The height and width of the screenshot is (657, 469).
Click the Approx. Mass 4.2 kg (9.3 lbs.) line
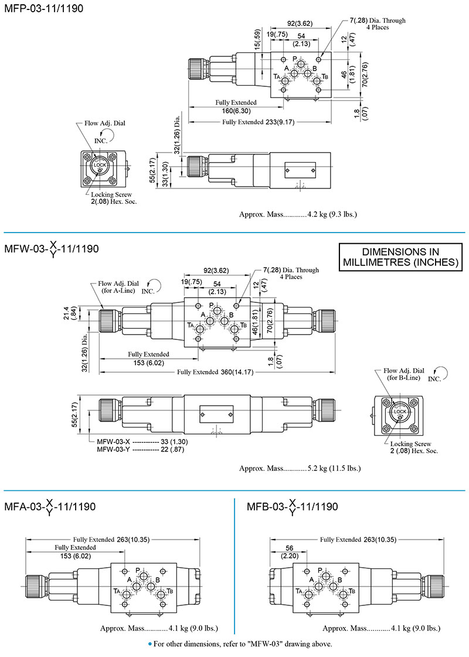click(x=298, y=214)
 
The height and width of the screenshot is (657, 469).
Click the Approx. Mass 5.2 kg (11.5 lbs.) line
click(x=300, y=468)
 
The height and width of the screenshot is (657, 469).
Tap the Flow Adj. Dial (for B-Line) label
click(x=405, y=375)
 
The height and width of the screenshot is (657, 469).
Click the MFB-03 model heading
click(x=292, y=507)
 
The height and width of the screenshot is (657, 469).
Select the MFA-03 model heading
click(x=50, y=507)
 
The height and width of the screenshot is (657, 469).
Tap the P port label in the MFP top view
click(x=294, y=58)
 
